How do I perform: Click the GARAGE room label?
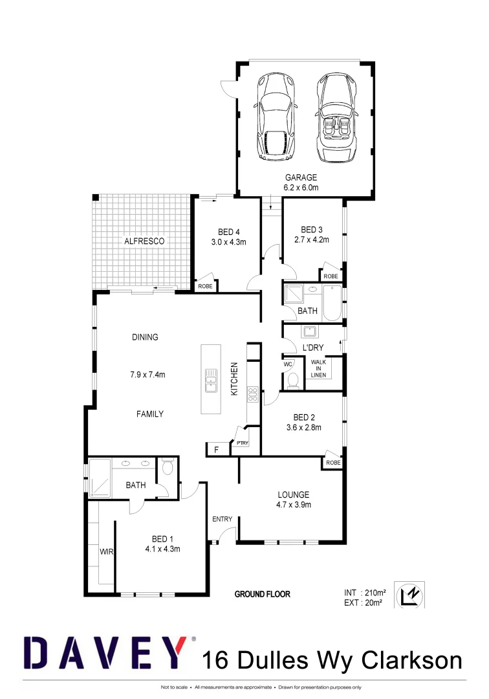(x=301, y=177)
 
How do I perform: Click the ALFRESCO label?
(x=144, y=241)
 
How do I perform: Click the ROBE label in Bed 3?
(x=331, y=276)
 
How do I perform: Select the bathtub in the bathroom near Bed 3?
(x=332, y=304)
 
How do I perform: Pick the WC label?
(x=288, y=364)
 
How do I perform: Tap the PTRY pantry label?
(x=243, y=443)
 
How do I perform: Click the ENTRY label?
(x=222, y=519)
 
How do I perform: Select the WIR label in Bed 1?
(x=105, y=552)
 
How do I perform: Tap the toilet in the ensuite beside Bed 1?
(x=168, y=468)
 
